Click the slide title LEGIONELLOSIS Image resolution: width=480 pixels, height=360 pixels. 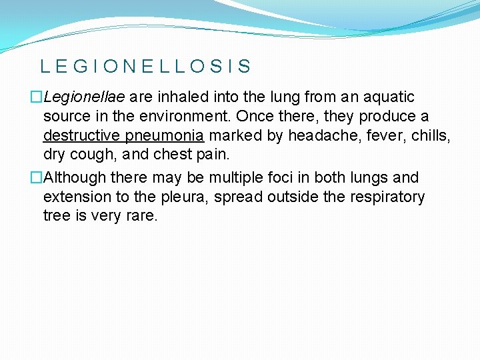click(145, 66)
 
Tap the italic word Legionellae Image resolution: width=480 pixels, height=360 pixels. click(85, 97)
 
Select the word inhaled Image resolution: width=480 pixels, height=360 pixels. click(178, 97)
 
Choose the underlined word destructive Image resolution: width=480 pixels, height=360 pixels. click(81, 136)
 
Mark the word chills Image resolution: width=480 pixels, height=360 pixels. click(431, 136)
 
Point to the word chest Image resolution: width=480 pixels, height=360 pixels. click(171, 155)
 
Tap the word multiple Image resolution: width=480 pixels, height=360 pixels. click(236, 178)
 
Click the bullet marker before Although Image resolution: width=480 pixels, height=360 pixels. click(37, 178)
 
